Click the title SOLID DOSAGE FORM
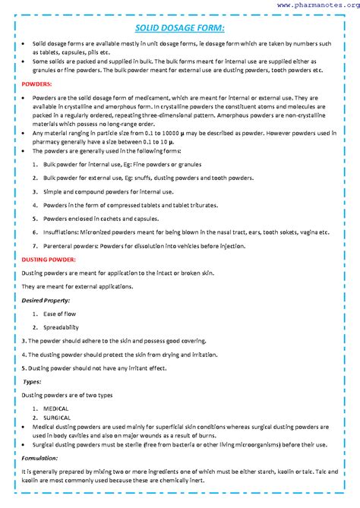(x=180, y=28)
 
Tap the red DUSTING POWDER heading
(x=49, y=260)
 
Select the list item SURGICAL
(x=57, y=418)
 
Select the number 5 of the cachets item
(x=35, y=219)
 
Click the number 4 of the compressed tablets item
(x=35, y=205)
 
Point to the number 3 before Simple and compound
(x=35, y=191)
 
